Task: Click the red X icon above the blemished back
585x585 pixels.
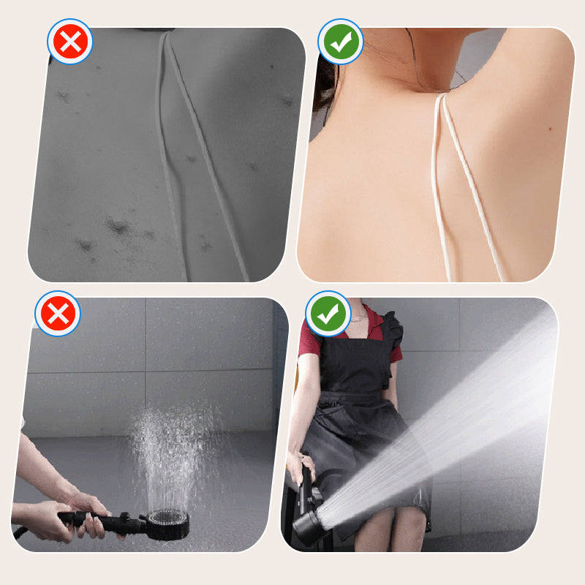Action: click(69, 42)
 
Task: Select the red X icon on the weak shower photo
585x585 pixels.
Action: click(58, 314)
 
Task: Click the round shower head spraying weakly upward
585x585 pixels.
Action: click(167, 524)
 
